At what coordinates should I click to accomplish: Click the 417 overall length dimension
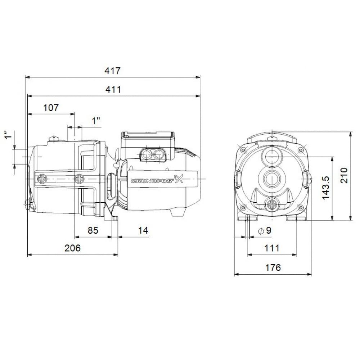point(112,71)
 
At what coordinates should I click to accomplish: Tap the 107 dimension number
point(51,107)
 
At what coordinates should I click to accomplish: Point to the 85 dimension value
point(93,230)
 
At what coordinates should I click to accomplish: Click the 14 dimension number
point(143,230)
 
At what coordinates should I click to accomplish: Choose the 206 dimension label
point(73,248)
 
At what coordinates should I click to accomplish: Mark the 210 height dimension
point(345,175)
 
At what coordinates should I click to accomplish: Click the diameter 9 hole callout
point(265,231)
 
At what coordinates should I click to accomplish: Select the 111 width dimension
point(272,248)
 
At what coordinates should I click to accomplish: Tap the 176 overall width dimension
point(273,267)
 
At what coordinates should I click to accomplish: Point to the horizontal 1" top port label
point(96,121)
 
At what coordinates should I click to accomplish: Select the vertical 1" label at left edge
point(6,138)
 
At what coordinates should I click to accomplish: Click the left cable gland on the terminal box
point(146,155)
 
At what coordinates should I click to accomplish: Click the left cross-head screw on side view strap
point(42,179)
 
